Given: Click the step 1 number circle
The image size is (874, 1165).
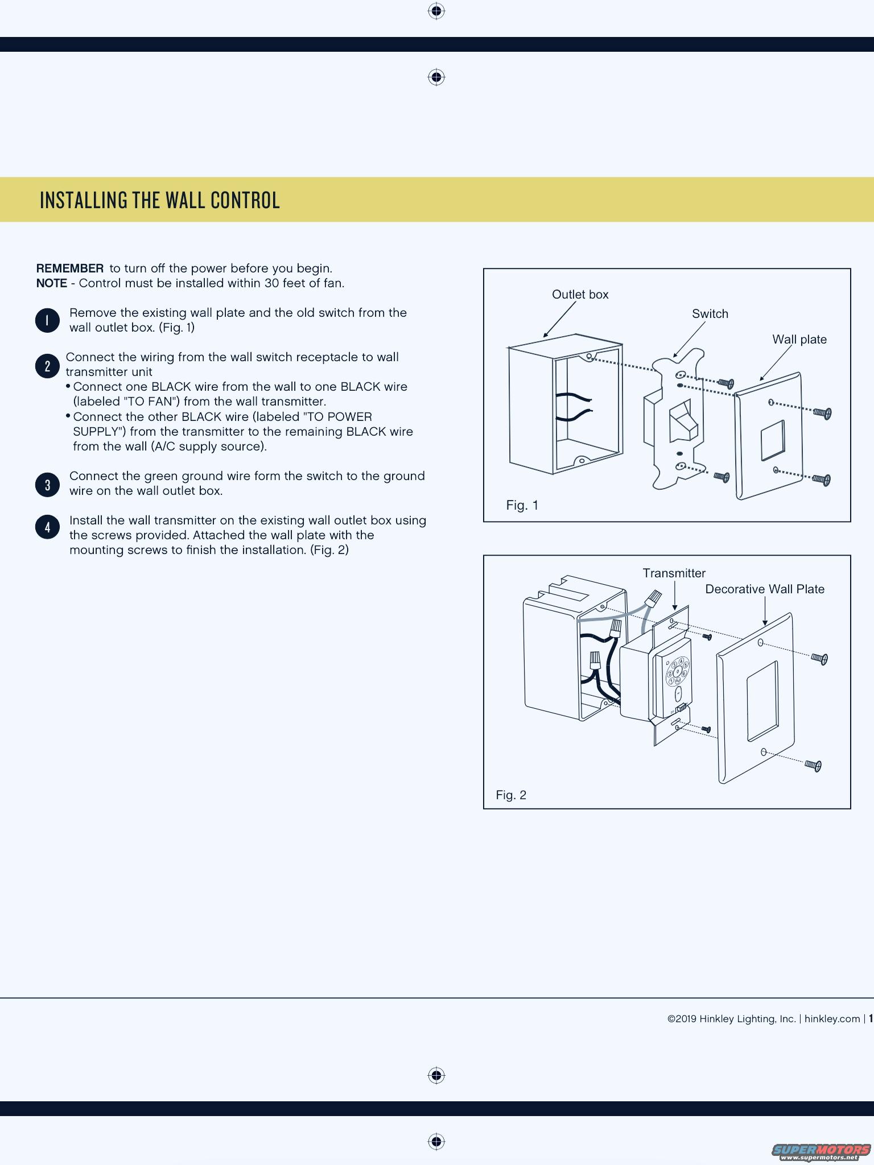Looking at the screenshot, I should [47, 320].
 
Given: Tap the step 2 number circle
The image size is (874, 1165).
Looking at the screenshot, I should [47, 366].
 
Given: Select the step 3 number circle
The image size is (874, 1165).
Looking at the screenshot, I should [47, 485].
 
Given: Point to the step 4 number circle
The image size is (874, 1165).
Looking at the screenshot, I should [47, 527].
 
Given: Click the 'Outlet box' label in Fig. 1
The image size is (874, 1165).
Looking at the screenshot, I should [580, 295].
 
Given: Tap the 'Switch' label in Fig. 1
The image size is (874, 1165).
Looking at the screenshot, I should [710, 314].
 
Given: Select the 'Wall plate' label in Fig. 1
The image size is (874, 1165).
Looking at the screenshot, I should [799, 340].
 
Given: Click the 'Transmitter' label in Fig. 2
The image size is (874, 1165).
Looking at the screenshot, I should [674, 573].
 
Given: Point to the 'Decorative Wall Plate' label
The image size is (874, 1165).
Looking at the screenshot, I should [764, 589].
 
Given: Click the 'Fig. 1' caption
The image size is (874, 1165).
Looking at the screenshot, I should [522, 505].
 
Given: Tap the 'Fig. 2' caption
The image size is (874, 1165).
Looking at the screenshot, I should [510, 795].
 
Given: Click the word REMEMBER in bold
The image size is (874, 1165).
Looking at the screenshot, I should [70, 268].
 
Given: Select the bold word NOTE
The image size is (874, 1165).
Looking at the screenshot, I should [51, 283].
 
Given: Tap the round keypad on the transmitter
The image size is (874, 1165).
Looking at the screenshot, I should [678, 672].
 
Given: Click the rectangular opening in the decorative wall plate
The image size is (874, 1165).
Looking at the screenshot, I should [762, 701].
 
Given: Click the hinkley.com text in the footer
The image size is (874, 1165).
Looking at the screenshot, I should [832, 1019].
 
